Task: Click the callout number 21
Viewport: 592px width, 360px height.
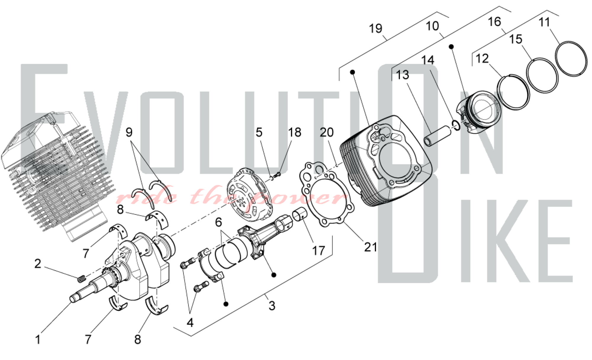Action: point(371,247)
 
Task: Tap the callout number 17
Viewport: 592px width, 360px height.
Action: point(318,251)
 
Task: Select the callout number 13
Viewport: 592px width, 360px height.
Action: point(403,75)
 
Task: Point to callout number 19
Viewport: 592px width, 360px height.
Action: point(376,29)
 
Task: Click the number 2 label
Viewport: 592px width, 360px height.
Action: point(38,264)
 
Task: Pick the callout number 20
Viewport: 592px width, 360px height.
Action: point(327,132)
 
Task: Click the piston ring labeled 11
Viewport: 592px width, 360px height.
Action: point(571,59)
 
